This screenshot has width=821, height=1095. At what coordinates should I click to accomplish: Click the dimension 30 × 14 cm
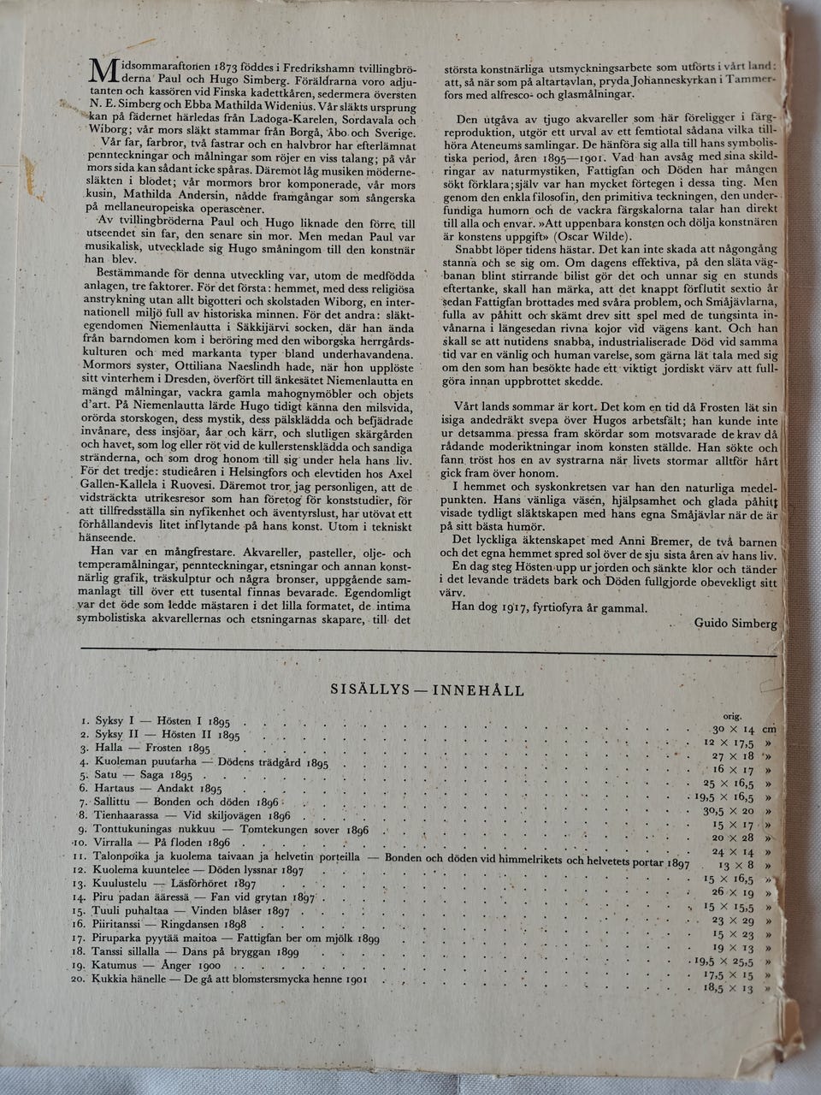(x=743, y=730)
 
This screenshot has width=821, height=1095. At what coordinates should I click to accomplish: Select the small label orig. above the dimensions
(x=733, y=716)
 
